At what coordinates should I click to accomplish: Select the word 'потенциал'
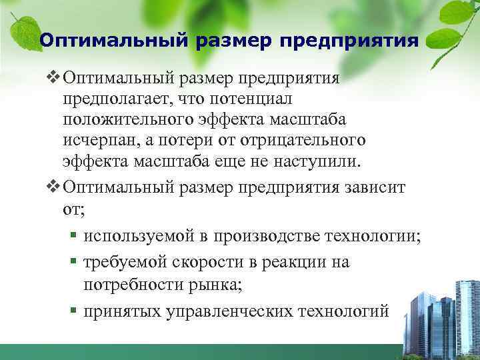pos(248,98)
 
